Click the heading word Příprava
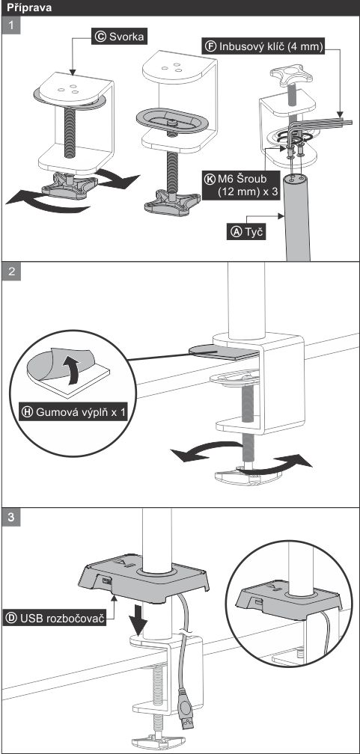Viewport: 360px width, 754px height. coord(29,8)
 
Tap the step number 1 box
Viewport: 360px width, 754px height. coord(11,25)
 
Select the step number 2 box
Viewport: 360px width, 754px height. coord(11,271)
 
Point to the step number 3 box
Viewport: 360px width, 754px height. coord(11,517)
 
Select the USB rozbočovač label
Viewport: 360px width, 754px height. coord(55,618)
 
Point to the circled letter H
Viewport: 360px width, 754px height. coord(28,412)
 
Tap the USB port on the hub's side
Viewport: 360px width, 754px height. coord(106,582)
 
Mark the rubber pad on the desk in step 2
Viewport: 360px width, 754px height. coord(224,352)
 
